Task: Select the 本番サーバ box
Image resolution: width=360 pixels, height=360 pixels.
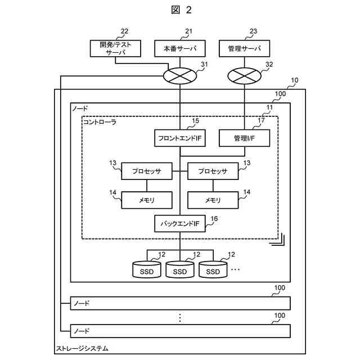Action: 179,48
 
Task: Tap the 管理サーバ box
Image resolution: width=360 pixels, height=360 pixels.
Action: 244,48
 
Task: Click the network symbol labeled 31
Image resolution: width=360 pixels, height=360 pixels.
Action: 179,74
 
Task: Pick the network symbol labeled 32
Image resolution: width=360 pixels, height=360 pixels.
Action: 244,74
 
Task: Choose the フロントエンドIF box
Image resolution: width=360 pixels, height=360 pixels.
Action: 179,138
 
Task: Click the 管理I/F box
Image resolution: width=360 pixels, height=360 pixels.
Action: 244,138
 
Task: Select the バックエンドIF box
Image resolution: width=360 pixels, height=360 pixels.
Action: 179,224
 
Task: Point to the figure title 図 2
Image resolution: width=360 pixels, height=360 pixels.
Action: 180,10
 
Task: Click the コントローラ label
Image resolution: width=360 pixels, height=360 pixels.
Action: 100,121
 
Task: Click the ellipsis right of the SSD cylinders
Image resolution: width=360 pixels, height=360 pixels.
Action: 235,269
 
